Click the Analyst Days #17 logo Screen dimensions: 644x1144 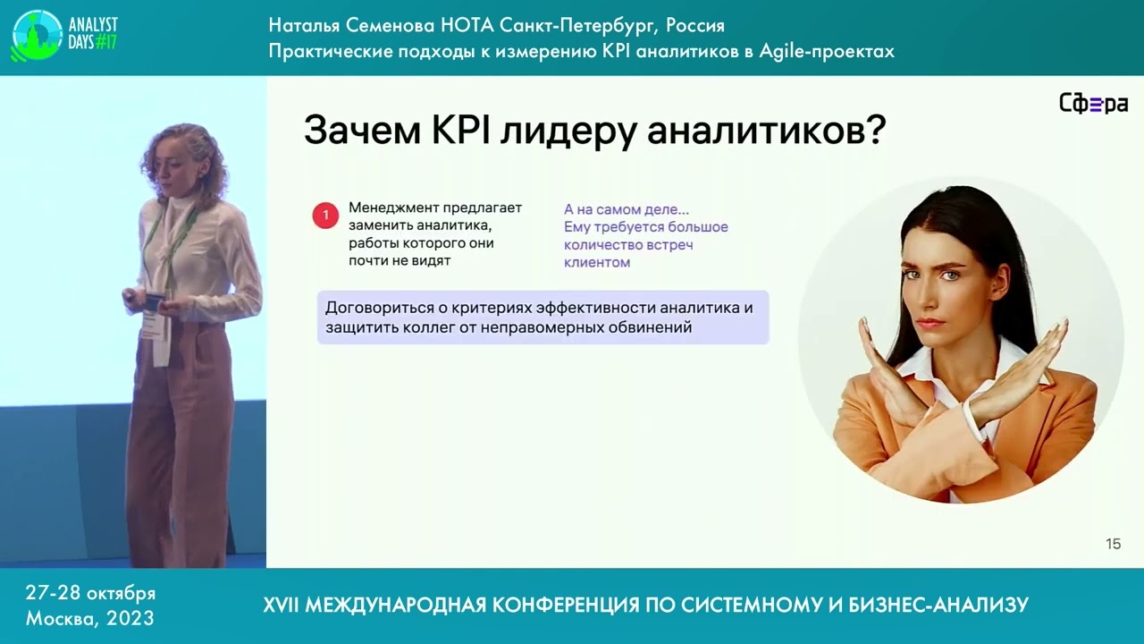click(x=64, y=35)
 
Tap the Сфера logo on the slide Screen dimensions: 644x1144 click(x=1092, y=104)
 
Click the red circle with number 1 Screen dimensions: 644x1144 click(x=325, y=216)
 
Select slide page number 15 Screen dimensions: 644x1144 click(x=1113, y=544)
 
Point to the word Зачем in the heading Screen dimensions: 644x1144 click(x=362, y=131)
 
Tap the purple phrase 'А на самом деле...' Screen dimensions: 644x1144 click(x=626, y=209)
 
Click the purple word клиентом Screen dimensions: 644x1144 click(x=597, y=263)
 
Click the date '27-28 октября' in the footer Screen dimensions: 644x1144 click(x=90, y=593)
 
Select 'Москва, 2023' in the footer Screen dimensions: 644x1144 click(x=89, y=618)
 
